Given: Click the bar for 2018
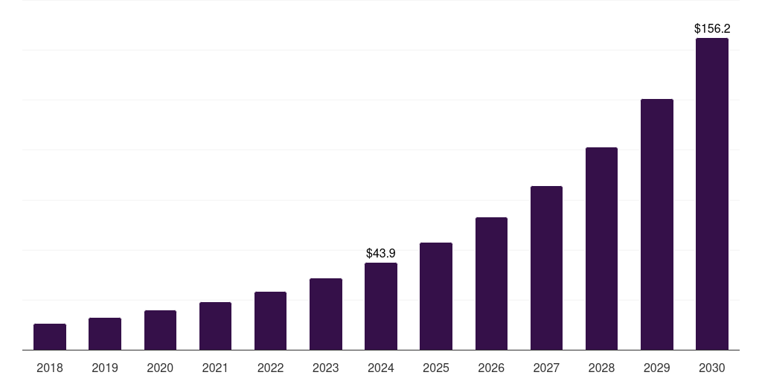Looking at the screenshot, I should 50,337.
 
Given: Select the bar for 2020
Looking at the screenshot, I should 160,330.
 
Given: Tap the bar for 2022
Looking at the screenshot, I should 270,321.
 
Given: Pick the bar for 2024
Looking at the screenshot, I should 381,307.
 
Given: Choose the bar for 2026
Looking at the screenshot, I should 491,284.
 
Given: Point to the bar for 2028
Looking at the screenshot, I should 601,249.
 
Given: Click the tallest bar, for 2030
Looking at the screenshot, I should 712,194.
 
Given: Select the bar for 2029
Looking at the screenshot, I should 657,225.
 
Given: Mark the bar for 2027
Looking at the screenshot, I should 546,268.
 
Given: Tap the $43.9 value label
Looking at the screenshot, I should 381,254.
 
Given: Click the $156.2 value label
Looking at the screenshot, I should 712,29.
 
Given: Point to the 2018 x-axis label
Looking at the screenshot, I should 50,368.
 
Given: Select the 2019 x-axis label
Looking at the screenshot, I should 105,368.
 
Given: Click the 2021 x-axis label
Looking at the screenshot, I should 215,368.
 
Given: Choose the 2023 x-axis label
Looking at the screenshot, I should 326,368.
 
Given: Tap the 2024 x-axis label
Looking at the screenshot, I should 381,368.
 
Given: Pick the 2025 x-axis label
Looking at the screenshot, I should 436,368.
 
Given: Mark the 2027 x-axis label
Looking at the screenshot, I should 546,368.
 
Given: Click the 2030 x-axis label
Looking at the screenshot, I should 712,368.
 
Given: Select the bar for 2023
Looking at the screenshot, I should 326,314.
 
